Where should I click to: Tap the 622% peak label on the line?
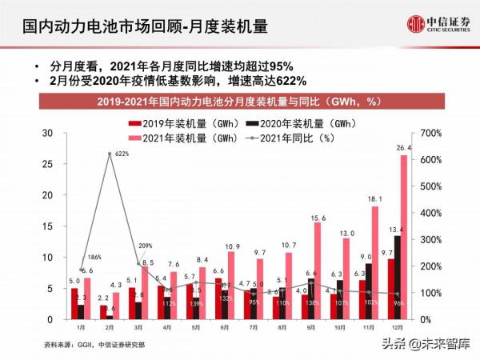[x=122, y=153]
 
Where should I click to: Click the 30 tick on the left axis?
[x=48, y=133]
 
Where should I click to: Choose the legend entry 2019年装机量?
[x=169, y=124]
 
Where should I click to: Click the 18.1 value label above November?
[x=376, y=198]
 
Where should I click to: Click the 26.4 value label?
[x=404, y=148]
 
